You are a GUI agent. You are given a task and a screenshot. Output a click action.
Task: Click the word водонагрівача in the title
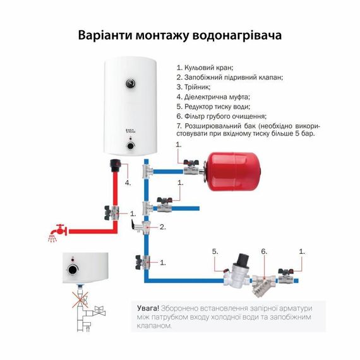click(x=235, y=35)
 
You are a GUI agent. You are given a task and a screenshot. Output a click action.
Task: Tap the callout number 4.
click(x=127, y=183)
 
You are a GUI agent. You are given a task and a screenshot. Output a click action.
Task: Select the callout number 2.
click(x=162, y=226)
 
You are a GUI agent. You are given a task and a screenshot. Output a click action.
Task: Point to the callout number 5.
click(x=215, y=251)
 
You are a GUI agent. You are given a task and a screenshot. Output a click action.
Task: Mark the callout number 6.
click(x=264, y=251)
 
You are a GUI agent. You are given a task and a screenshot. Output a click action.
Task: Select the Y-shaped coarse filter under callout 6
click(x=260, y=284)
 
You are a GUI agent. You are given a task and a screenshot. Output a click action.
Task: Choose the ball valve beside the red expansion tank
click(x=190, y=169)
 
